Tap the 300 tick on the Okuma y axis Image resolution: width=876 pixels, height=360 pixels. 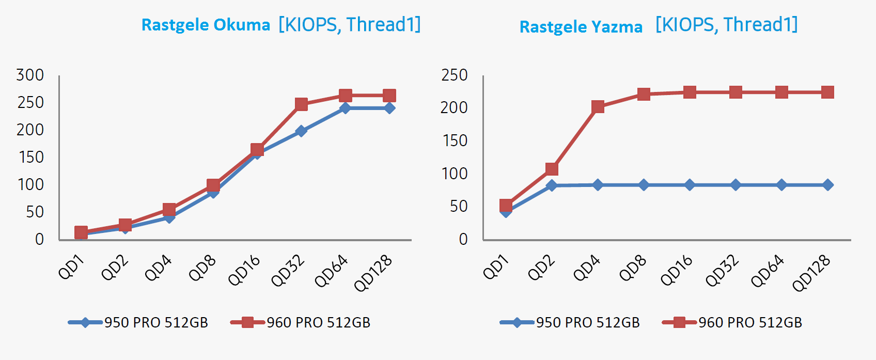click(x=30, y=75)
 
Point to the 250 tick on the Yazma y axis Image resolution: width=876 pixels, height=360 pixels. click(x=454, y=75)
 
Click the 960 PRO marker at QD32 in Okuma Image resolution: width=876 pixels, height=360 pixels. click(x=301, y=104)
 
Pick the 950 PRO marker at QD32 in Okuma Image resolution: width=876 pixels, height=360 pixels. click(x=301, y=131)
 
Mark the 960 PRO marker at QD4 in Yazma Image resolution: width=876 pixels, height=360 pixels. click(x=598, y=107)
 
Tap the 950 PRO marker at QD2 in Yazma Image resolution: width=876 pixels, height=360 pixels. click(x=552, y=185)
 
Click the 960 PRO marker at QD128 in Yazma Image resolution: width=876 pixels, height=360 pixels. click(x=827, y=92)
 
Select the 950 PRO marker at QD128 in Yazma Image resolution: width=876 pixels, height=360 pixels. click(x=827, y=185)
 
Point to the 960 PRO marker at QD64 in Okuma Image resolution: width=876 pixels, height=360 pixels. click(x=346, y=96)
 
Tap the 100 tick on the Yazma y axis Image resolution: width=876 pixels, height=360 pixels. click(x=455, y=174)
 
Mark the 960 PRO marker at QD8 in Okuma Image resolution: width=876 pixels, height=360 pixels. click(x=213, y=185)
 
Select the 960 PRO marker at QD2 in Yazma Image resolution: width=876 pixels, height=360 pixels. click(x=552, y=169)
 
